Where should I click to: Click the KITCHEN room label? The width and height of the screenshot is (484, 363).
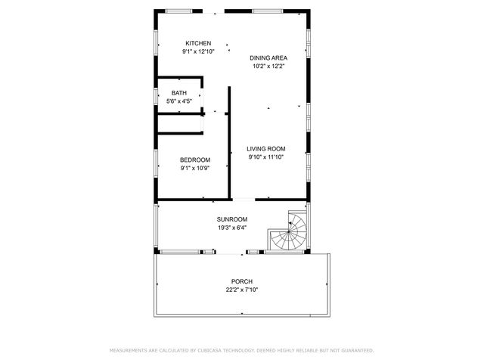click(198, 43)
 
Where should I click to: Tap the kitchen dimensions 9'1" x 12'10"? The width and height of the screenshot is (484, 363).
click(198, 51)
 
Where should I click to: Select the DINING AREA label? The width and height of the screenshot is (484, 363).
click(268, 57)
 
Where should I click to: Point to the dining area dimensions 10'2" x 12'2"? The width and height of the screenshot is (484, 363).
click(268, 66)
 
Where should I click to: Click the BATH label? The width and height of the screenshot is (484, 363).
click(179, 93)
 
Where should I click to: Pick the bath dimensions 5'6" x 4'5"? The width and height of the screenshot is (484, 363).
click(179, 101)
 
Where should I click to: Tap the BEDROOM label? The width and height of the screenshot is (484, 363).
click(194, 160)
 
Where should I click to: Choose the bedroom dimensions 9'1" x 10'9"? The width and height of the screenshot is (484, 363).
click(194, 168)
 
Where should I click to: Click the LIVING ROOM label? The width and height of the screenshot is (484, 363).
click(266, 148)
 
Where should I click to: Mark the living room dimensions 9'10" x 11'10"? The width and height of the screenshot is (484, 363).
click(266, 157)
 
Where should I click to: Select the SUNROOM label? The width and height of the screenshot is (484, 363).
click(232, 219)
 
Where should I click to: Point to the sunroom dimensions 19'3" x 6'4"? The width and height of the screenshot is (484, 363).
click(232, 228)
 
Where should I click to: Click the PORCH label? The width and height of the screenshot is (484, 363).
click(242, 281)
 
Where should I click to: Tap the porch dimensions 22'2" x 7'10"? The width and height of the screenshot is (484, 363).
click(242, 290)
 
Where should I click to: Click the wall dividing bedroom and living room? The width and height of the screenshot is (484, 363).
click(229, 151)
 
